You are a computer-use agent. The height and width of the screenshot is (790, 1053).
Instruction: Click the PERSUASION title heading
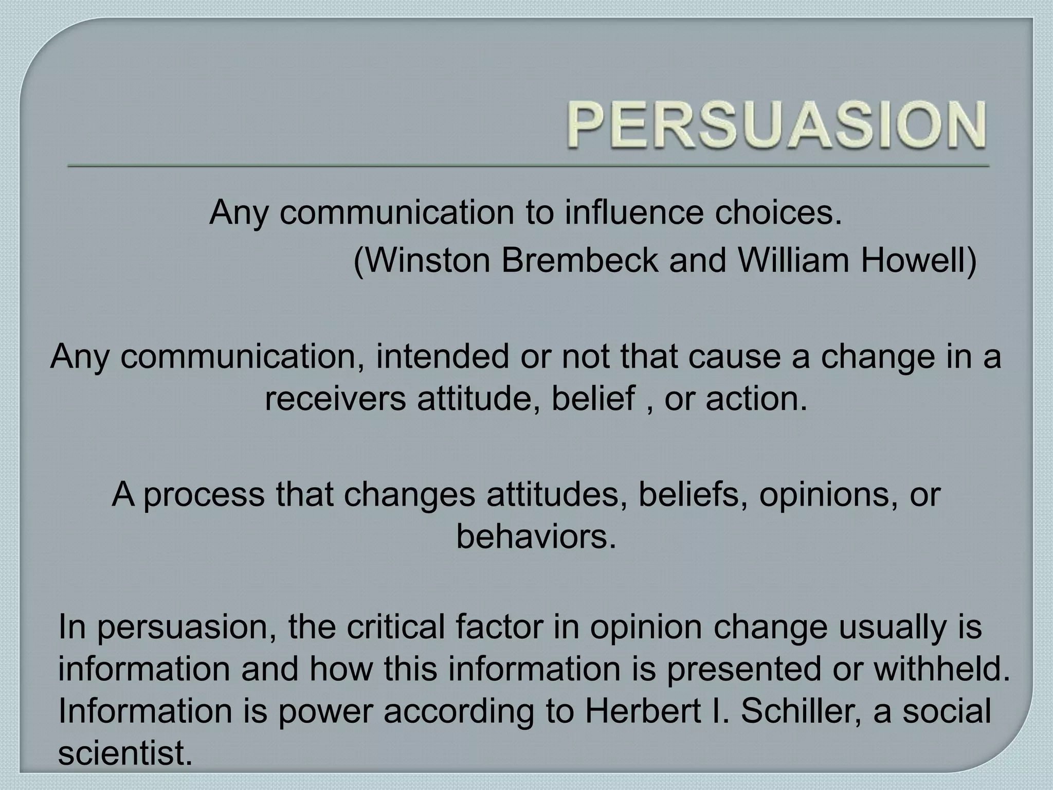coord(776,124)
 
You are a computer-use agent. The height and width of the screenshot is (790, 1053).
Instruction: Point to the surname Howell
coord(913,260)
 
